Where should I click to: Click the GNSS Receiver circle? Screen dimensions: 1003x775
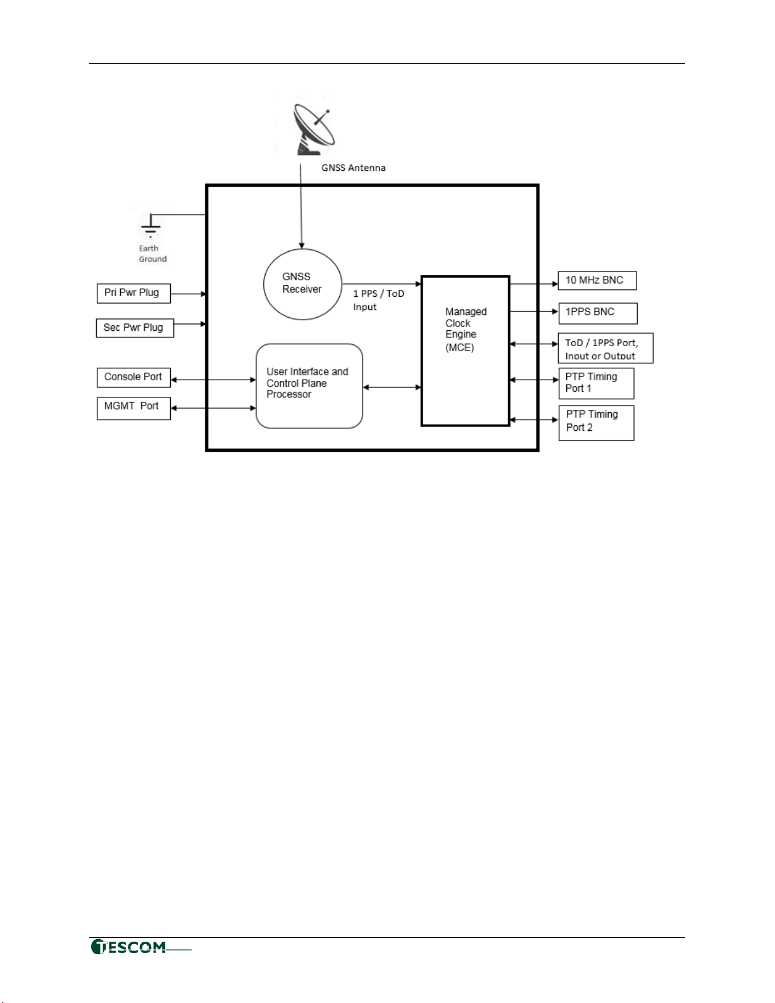pyautogui.click(x=302, y=284)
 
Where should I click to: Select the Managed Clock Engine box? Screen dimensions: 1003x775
pyautogui.click(x=465, y=351)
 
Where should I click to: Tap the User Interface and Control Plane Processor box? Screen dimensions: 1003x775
pyautogui.click(x=309, y=385)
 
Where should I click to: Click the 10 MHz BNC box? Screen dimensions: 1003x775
pyautogui.click(x=597, y=280)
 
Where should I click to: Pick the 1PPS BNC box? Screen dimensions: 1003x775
pyautogui.click(x=597, y=313)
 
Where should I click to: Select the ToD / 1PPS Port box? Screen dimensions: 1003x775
pyautogui.click(x=605, y=348)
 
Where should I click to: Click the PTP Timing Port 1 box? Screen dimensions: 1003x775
pyautogui.click(x=596, y=383)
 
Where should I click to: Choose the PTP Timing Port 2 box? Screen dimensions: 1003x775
pyautogui.click(x=596, y=422)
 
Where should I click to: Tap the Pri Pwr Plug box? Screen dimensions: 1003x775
pyautogui.click(x=133, y=293)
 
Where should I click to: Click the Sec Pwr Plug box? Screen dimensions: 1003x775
pyautogui.click(x=134, y=328)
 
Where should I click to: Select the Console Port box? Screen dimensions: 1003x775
pyautogui.click(x=133, y=377)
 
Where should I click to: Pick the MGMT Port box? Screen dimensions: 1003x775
pyautogui.click(x=133, y=407)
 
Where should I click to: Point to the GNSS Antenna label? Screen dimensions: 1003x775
pyautogui.click(x=353, y=168)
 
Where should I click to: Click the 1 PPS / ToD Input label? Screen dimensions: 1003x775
pyautogui.click(x=378, y=300)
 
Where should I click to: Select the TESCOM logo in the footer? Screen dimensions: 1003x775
pyautogui.click(x=129, y=947)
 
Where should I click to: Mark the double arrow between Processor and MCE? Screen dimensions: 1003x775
pyautogui.click(x=392, y=387)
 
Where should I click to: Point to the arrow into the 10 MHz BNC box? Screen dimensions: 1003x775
pyautogui.click(x=533, y=284)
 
